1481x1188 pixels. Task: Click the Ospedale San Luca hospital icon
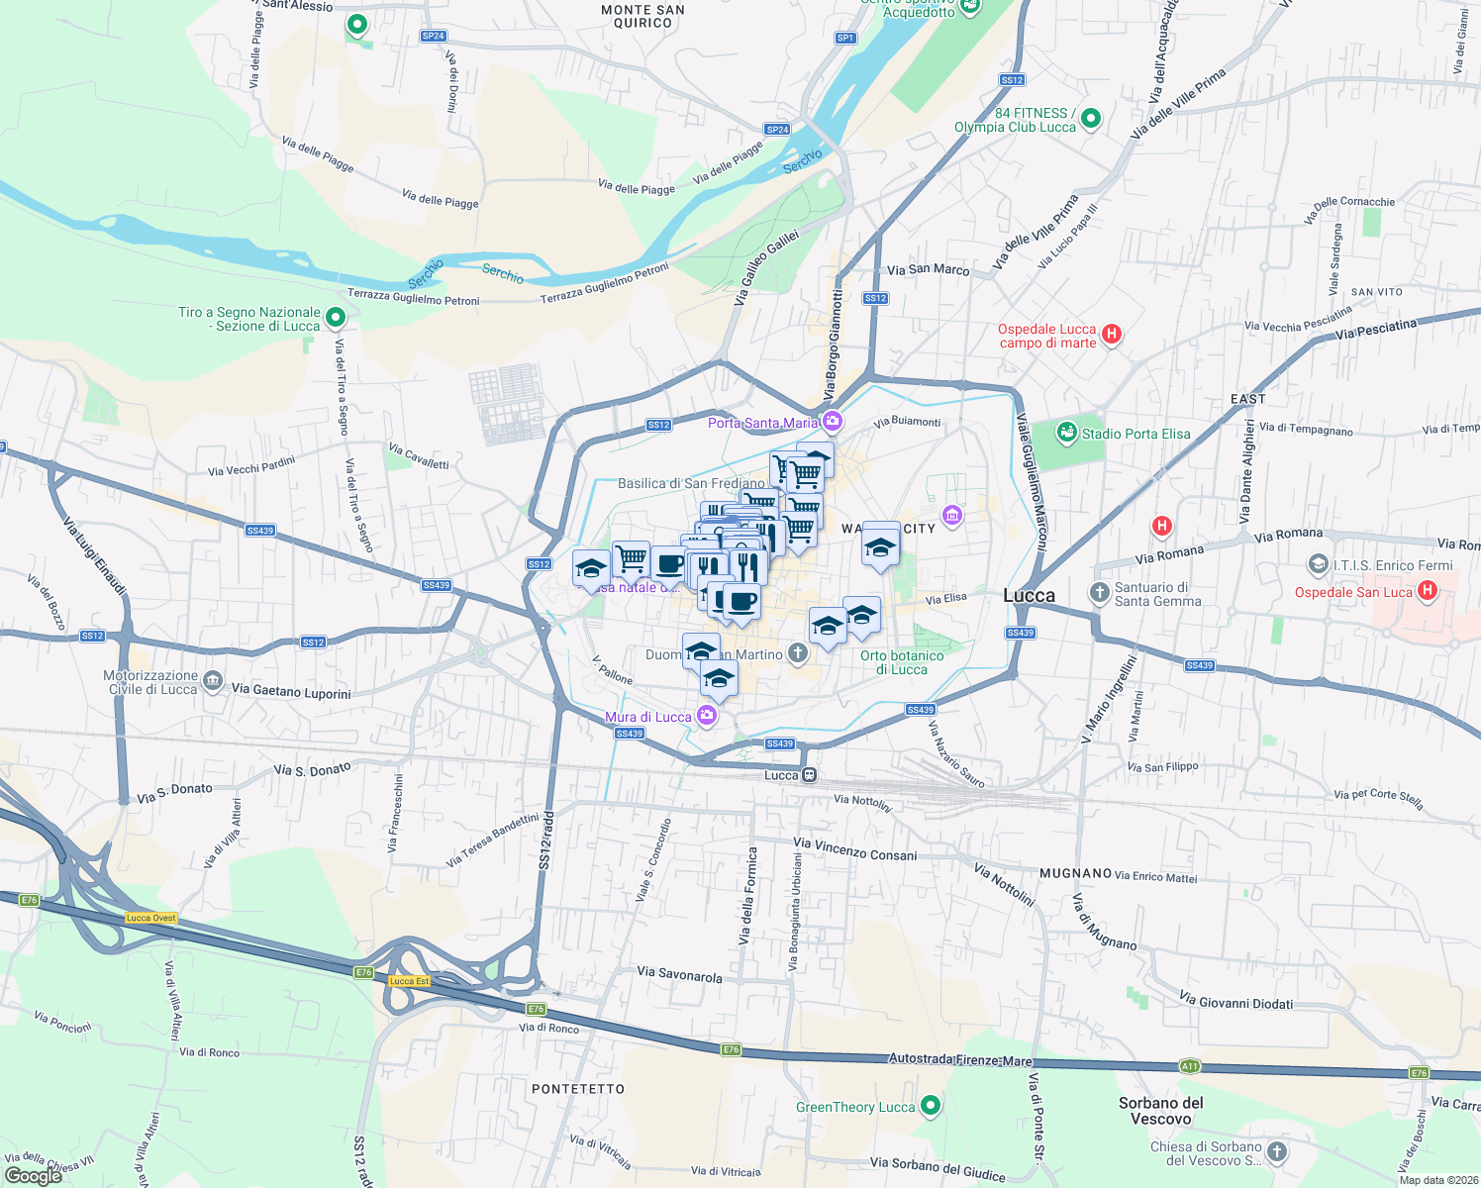coord(1427,591)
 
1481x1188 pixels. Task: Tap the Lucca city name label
coord(1029,595)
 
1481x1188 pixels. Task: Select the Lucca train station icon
coord(810,775)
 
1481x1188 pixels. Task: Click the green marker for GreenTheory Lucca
coord(930,1105)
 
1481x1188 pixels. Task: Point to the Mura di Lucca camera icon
coord(707,715)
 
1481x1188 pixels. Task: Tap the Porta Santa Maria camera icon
coord(833,422)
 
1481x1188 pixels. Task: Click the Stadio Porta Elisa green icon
coord(1066,433)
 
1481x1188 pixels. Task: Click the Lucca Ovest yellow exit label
coord(151,918)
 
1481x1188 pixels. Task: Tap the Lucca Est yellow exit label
coord(409,981)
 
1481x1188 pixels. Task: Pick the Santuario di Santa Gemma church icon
coord(1099,592)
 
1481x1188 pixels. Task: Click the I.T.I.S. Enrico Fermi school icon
coord(1318,564)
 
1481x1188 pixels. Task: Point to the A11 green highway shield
coord(1189,1066)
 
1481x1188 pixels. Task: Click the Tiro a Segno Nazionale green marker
coord(336,318)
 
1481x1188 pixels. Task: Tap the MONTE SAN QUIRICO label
coord(642,16)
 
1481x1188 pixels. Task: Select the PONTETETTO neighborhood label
coord(578,1089)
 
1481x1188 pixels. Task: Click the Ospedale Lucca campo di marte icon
coord(1112,334)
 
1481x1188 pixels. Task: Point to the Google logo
coord(33,1175)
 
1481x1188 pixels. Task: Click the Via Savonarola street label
coord(679,974)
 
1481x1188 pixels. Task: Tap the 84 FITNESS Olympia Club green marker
coord(1091,119)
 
